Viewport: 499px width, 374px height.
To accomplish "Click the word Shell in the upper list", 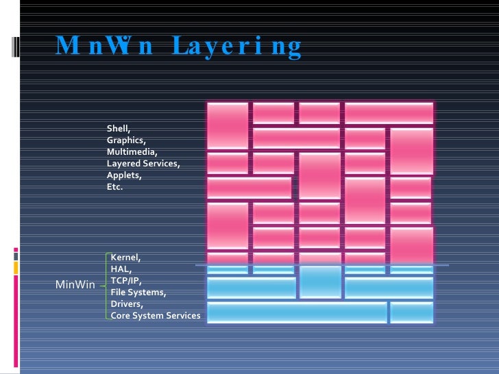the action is coord(118,128).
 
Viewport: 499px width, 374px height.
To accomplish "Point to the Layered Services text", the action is coord(143,163).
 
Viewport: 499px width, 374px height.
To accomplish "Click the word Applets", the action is coord(123,175).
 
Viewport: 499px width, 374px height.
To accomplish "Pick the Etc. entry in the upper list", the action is coord(114,186).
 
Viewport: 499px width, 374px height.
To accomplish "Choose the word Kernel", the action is coord(125,258).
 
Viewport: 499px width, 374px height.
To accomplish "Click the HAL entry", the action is coord(121,269).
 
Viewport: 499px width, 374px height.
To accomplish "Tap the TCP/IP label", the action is coord(126,281).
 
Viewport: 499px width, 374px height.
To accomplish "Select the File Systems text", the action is coord(138,292).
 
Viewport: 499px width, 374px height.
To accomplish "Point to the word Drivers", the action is coord(127,304).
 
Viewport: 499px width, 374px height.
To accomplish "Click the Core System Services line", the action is coord(156,316).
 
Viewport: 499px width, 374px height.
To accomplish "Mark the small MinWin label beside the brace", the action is coord(75,284).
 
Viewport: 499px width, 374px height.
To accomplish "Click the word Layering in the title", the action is coord(237,47).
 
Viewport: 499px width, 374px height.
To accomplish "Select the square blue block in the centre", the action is coord(320,282).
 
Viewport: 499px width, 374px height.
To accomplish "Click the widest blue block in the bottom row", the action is coord(297,312).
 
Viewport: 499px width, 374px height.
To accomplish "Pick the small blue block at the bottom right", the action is coord(411,312).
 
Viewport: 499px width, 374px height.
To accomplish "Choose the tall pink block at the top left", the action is coord(228,125).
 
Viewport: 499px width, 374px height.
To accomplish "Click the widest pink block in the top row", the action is coord(389,113).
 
